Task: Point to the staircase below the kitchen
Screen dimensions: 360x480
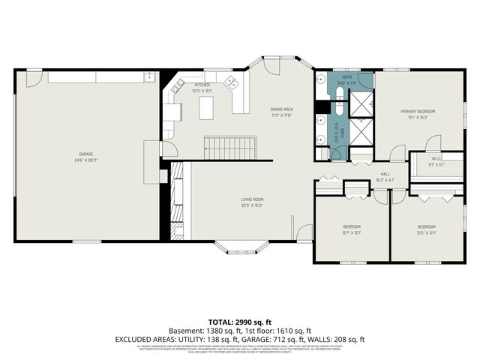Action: (x=232, y=147)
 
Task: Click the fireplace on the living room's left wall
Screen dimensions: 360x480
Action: (x=176, y=201)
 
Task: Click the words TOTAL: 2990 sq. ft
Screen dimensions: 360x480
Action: (x=239, y=322)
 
